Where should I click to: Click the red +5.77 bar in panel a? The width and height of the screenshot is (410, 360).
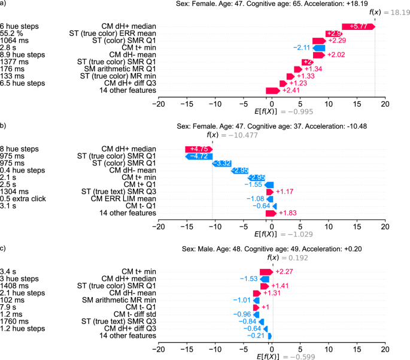(358, 26)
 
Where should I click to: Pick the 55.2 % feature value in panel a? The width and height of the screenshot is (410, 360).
(12, 34)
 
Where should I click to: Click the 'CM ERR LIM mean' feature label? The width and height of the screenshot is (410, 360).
(129, 198)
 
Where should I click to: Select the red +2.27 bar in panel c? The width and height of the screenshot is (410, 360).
(266, 271)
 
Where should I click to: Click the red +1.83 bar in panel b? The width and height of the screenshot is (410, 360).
(271, 213)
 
